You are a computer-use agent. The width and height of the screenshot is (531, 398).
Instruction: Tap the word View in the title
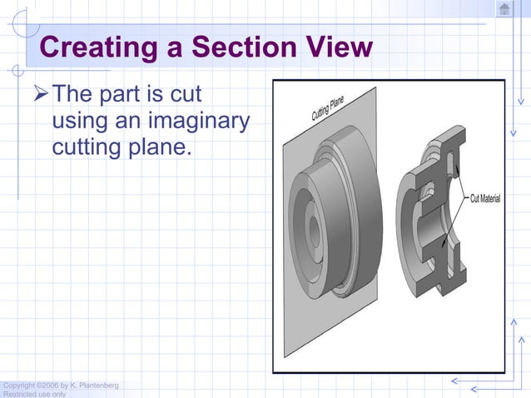337,47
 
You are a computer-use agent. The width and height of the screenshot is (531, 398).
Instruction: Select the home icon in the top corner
504,9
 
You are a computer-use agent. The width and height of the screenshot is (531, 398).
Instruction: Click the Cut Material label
484,199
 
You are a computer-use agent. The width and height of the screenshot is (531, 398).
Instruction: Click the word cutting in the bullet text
87,150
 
